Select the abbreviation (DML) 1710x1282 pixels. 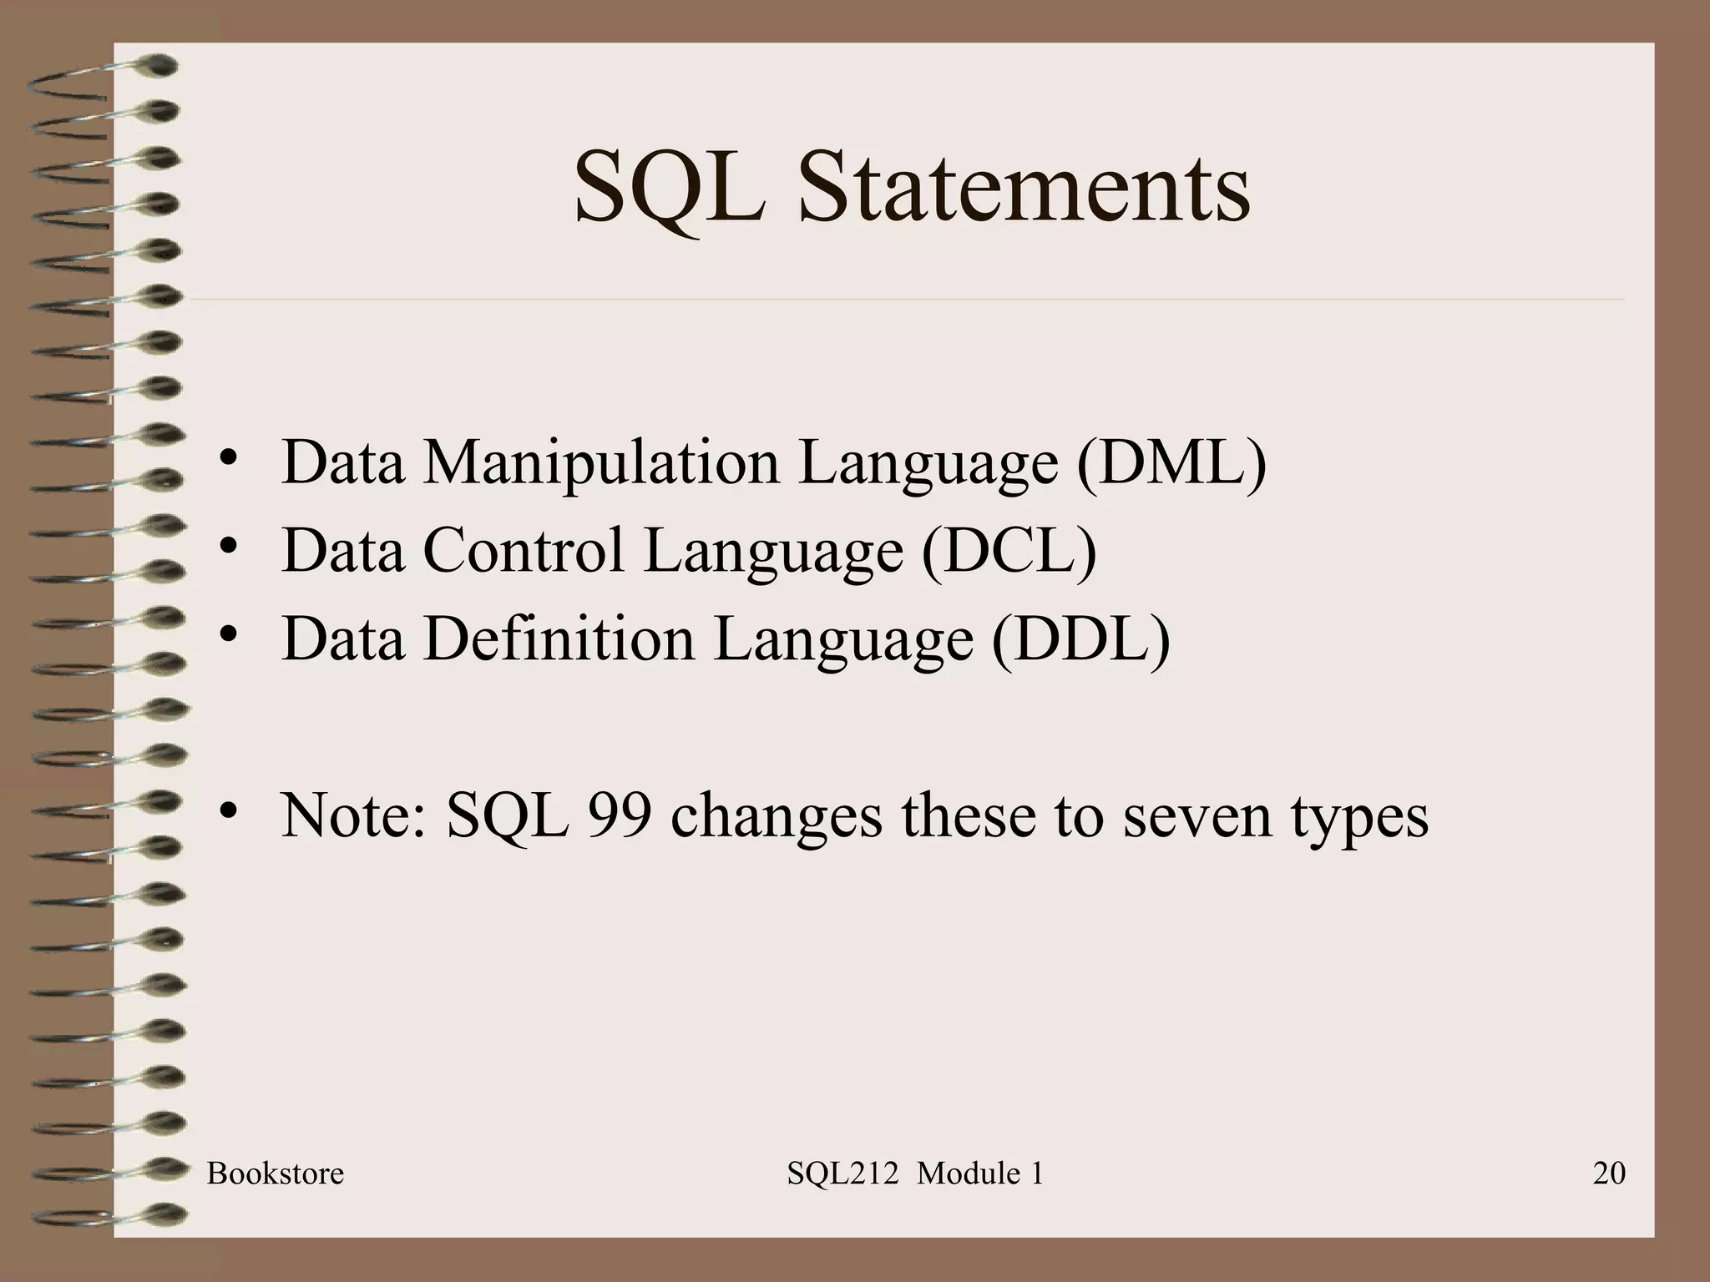(1171, 462)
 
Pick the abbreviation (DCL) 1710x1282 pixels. (1009, 551)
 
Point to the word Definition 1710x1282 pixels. (559, 639)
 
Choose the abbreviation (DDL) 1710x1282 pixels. (1080, 639)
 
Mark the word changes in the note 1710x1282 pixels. (776, 816)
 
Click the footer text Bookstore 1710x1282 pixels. (276, 1173)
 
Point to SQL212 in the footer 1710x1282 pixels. (842, 1174)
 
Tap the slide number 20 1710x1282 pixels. (1609, 1173)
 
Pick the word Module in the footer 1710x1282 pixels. (968, 1173)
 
